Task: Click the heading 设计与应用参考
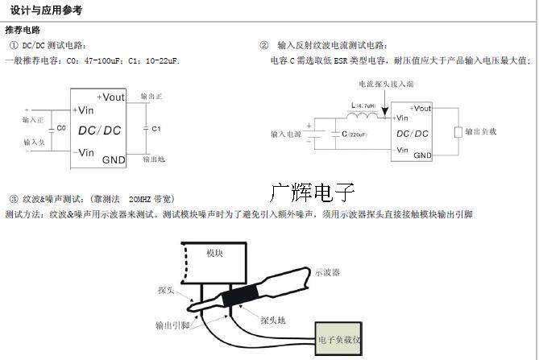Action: click(46, 11)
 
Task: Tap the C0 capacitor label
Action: click(61, 128)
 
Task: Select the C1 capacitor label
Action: click(156, 128)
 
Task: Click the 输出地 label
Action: click(153, 159)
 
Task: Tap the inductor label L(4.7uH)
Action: click(365, 104)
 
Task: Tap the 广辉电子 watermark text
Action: click(312, 192)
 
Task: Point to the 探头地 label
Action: click(271, 320)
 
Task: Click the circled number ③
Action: click(13, 198)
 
